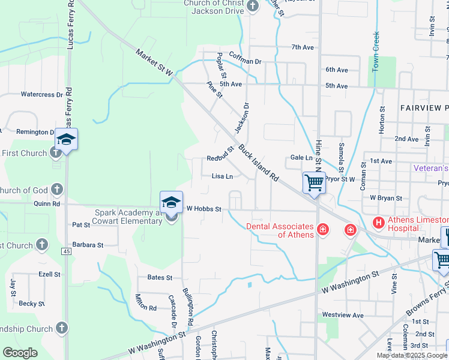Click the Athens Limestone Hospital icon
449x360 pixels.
pos(379,223)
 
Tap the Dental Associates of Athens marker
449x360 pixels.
pos(322,229)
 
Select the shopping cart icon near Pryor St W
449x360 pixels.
pos(314,182)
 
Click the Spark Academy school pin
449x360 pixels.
pos(171,202)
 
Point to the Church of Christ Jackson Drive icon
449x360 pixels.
pos(253,7)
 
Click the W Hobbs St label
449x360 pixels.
pos(204,209)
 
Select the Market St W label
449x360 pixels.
pos(154,62)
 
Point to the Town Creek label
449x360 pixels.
pos(376,52)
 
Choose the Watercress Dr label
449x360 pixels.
pos(42,94)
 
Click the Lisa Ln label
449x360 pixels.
pos(222,176)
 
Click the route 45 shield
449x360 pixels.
pos(65,251)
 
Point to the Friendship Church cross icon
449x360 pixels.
pos(61,328)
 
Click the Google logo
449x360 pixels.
pos(20,352)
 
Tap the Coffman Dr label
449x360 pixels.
pos(246,61)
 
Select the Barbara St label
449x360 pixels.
pos(88,245)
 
